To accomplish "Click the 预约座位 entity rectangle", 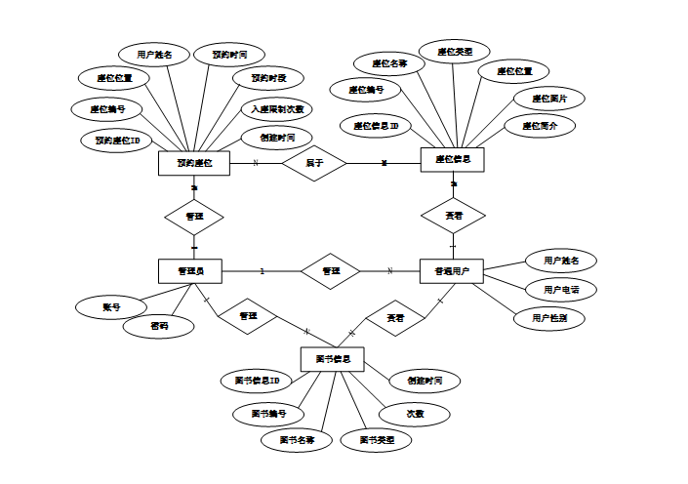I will [193, 163].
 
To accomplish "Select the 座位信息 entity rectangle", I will [453, 160].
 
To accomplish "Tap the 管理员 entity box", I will [189, 270].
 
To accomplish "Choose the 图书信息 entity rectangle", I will [332, 359].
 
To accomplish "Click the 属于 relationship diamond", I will [314, 163].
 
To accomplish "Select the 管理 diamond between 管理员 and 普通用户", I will [331, 270].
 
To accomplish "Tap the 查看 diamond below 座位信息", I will [453, 215].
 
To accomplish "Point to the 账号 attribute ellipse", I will [110, 306].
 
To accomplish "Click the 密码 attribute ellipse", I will [159, 326].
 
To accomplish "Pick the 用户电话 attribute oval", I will [560, 290].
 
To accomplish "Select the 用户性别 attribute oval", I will [548, 318].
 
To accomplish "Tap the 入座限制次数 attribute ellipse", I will [277, 109].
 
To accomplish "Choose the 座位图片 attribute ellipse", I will [550, 99].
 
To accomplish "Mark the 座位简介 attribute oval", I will [540, 126].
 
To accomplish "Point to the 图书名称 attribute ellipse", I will [297, 440].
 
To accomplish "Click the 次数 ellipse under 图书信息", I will [416, 414].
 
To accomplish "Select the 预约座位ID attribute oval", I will [117, 141].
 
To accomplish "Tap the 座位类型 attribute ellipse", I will [455, 51].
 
